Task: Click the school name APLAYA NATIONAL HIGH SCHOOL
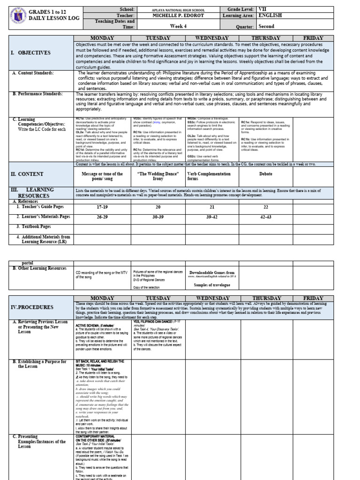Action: click(x=179, y=9)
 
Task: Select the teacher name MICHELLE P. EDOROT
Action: click(x=179, y=15)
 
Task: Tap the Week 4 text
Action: click(x=178, y=26)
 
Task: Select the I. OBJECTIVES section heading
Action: click(x=30, y=53)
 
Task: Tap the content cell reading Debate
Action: click(x=266, y=173)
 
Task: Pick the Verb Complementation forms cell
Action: click(x=209, y=176)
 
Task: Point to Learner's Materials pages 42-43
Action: click(x=266, y=217)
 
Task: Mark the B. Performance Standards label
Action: click(x=39, y=94)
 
